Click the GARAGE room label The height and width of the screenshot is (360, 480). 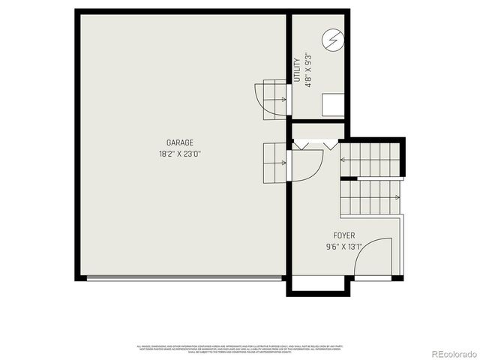180,142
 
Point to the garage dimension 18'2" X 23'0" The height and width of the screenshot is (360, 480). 180,154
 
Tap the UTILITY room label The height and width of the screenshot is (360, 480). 297,70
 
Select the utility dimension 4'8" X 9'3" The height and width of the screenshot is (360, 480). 308,70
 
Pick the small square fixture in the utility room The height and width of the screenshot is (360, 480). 332,104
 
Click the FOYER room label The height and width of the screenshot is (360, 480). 345,235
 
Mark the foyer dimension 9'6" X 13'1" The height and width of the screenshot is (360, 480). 345,246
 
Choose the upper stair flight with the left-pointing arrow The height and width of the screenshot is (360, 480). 370,159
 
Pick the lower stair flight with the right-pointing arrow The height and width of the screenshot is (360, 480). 370,197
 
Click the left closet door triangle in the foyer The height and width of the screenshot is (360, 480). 302,145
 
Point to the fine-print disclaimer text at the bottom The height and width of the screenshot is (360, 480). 240,349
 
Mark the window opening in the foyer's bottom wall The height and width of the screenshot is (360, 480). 318,277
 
